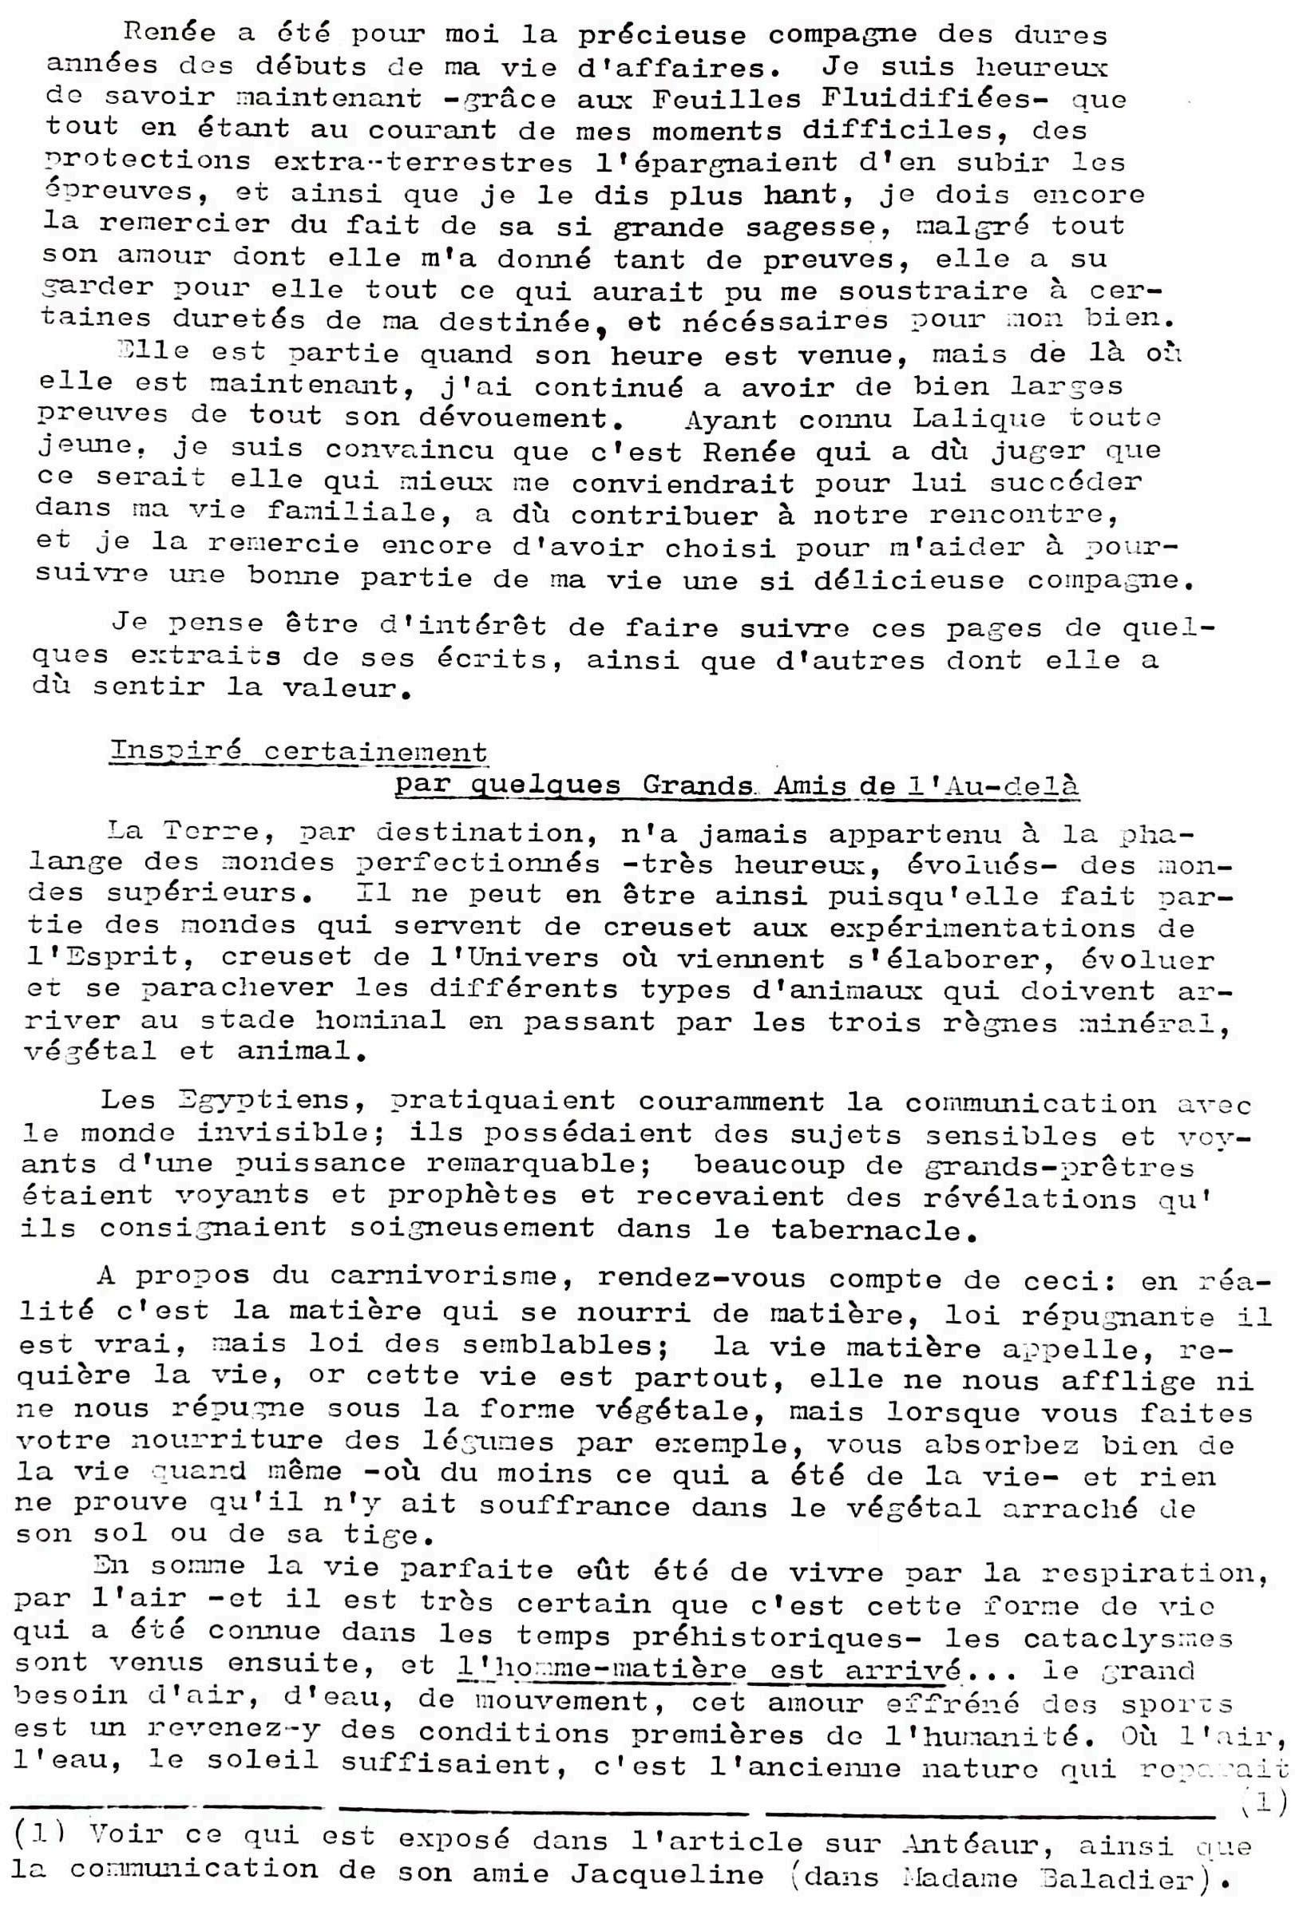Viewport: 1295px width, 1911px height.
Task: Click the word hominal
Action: [380, 1021]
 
